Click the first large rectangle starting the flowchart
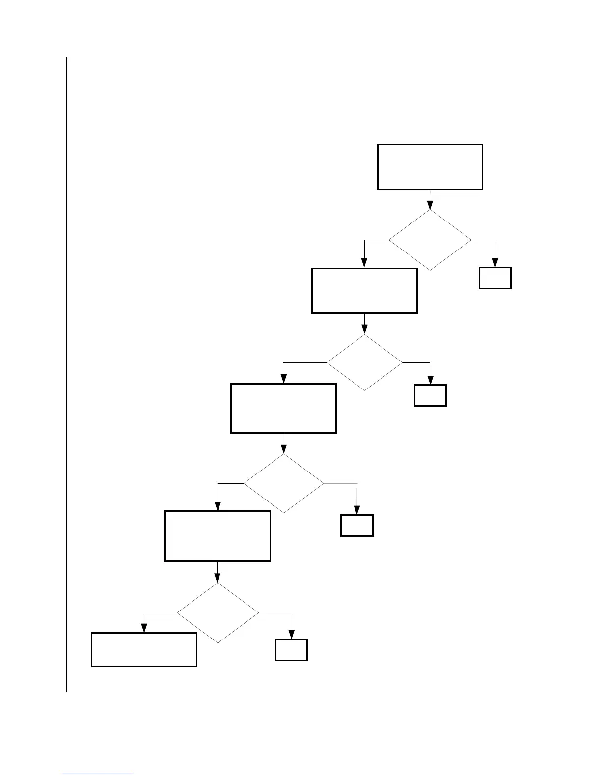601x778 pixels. point(430,167)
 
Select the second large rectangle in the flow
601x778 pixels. point(364,290)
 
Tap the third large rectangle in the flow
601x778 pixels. point(283,408)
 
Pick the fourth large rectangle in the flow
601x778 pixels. point(218,536)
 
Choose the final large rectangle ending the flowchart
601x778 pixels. point(144,649)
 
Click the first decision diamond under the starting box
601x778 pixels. point(430,240)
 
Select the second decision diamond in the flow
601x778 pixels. point(364,362)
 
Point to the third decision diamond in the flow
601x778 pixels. point(284,483)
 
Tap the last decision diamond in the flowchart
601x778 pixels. point(218,613)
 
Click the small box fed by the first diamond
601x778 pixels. point(495,278)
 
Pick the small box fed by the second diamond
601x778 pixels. point(430,395)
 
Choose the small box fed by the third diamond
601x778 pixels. point(357,526)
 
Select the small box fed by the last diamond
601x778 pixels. point(291,650)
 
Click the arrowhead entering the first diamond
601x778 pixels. point(430,205)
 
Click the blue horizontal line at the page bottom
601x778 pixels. point(97,774)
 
